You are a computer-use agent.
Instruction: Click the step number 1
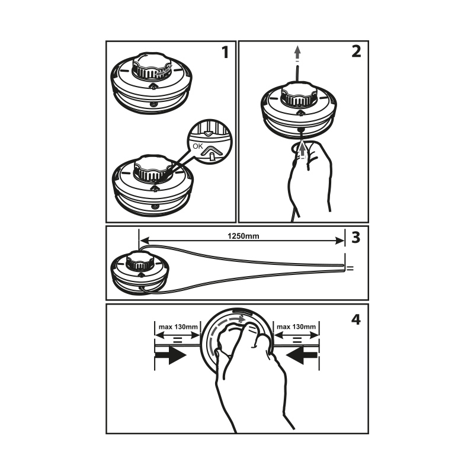225,52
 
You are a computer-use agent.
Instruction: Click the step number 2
356,52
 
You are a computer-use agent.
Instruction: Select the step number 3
356,238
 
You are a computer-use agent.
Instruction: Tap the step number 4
356,319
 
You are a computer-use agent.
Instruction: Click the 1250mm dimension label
244,236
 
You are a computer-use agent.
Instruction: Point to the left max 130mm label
178,327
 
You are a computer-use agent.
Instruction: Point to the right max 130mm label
296,327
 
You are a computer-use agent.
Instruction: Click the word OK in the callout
198,146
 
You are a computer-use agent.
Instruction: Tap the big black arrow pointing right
170,355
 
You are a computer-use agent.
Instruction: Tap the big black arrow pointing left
302,355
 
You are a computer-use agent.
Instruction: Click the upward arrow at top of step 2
298,52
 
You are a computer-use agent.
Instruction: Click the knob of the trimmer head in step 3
140,261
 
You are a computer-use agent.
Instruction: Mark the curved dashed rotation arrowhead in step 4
241,319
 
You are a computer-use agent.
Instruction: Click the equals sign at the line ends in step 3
350,268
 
